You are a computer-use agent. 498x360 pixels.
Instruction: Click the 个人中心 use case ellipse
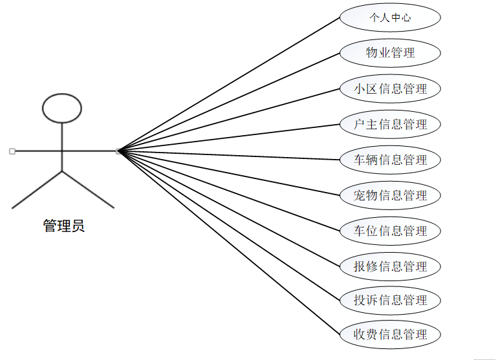click(390, 17)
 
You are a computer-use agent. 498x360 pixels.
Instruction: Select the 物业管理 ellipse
click(390, 53)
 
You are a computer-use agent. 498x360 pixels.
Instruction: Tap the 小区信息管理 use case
click(390, 89)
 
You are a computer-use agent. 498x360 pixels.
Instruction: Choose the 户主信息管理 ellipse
click(390, 124)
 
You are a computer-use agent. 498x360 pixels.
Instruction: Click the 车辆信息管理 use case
click(390, 160)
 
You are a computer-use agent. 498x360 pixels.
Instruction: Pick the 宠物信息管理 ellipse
click(390, 195)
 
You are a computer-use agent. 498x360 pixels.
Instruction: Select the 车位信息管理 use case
click(390, 231)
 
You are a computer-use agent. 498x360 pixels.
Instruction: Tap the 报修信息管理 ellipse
click(390, 266)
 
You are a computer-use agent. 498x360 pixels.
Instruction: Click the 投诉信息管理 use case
click(390, 300)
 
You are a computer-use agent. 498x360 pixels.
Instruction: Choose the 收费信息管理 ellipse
click(390, 334)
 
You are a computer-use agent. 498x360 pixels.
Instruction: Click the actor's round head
click(62, 108)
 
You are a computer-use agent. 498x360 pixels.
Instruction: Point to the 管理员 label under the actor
click(63, 226)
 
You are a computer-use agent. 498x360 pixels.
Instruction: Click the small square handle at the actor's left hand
click(12, 151)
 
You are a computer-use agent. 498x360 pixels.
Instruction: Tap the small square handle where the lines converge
click(118, 151)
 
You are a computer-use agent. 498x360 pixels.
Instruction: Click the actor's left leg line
click(37, 189)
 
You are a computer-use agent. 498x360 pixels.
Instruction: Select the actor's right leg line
click(88, 189)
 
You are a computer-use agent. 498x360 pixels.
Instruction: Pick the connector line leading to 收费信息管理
click(230, 243)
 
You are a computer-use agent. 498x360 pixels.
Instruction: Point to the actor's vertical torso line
click(62, 139)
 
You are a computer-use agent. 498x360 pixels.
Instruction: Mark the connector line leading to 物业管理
click(230, 102)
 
